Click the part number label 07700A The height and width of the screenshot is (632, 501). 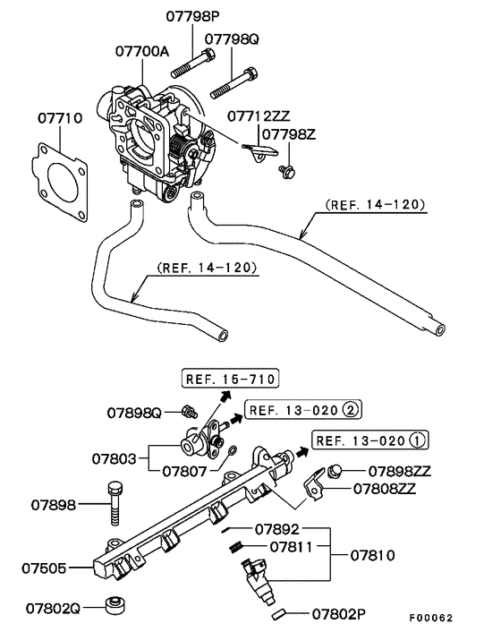tap(141, 51)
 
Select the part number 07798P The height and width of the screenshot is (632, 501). tap(193, 16)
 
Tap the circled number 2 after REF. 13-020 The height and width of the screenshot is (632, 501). tap(350, 410)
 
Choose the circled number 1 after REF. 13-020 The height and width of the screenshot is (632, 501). tap(417, 440)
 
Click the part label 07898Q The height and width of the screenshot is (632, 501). tap(133, 413)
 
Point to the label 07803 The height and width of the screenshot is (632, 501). tap(115, 459)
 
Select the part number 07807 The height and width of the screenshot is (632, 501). tap(185, 469)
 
